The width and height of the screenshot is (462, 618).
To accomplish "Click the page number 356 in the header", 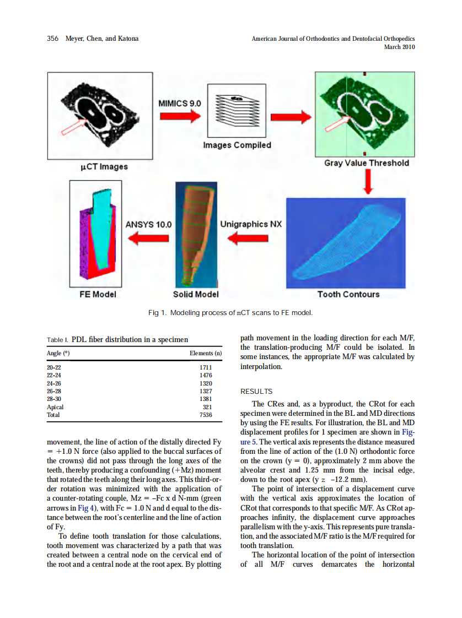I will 53,39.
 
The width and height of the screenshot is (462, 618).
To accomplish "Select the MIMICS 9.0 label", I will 180,103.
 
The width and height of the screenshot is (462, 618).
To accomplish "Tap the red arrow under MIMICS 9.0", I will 180,116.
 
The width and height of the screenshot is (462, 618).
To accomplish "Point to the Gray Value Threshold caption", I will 366,163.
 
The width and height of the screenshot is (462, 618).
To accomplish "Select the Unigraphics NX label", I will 251,224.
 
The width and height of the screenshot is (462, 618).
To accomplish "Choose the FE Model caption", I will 98,294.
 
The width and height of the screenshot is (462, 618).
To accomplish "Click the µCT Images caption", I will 101,166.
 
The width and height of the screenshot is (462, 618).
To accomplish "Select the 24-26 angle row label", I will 54,383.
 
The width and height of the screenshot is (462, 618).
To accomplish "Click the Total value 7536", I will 205,415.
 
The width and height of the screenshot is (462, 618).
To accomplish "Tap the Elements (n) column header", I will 205,353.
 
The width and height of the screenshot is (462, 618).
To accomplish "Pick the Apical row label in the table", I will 55,407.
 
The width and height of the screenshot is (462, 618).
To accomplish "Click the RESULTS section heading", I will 256,392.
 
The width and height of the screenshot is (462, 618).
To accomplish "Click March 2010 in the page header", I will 399,47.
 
